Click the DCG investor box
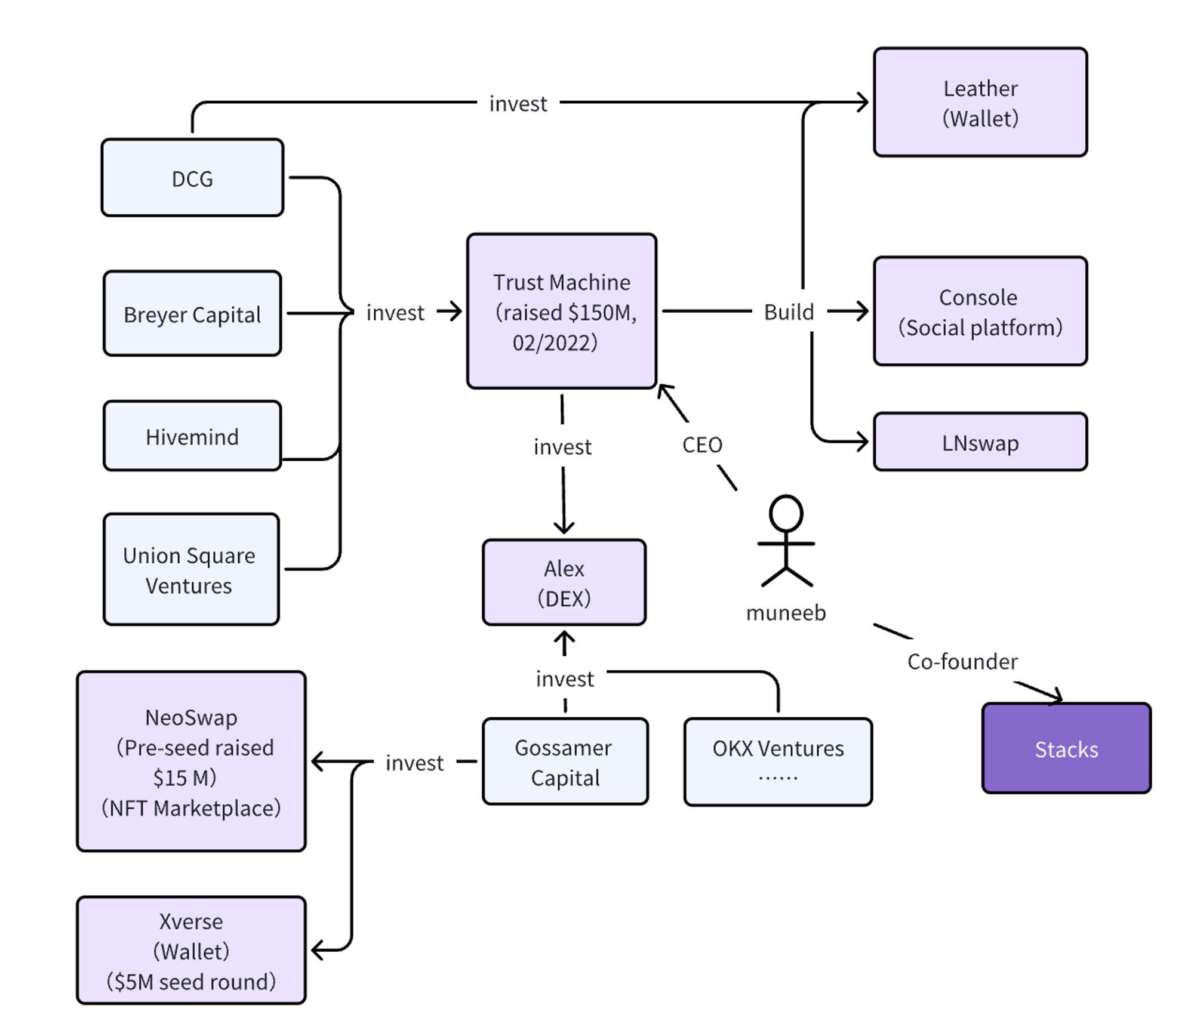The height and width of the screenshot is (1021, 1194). point(192,178)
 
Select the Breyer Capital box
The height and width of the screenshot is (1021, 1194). point(192,314)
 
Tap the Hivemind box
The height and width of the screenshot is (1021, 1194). point(192,436)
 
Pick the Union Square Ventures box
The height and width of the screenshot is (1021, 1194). point(190,569)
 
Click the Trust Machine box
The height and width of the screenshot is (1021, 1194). point(561,311)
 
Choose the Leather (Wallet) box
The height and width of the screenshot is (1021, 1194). point(980,103)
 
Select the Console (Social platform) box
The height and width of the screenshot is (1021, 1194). point(980,311)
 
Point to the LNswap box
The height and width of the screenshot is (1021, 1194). point(980,442)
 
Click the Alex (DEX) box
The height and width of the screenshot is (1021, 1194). point(564,582)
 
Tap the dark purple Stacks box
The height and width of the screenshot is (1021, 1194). point(1066,748)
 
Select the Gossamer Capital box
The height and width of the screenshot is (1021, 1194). point(565,761)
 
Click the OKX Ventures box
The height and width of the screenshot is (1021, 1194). point(777,761)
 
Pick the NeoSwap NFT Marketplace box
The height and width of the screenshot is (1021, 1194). point(191,761)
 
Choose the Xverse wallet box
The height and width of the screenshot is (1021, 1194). point(191,950)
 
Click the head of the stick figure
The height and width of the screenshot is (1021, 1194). point(786,513)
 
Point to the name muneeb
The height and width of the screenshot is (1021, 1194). point(786,613)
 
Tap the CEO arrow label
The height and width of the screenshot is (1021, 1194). point(702,445)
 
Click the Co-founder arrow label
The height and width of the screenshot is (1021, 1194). point(962,661)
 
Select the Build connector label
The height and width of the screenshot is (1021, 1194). point(789,311)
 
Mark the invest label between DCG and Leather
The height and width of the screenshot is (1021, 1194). point(518,104)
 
